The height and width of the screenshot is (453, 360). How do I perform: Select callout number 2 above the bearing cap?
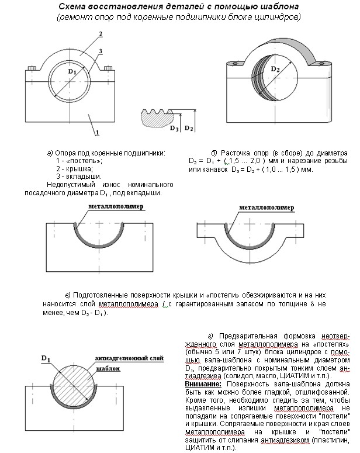[x=101, y=34]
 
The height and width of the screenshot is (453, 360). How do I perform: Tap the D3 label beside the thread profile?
[x=173, y=127]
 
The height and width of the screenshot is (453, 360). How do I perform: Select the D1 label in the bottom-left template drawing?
[x=46, y=358]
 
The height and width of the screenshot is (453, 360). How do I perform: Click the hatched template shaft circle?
[x=76, y=385]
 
